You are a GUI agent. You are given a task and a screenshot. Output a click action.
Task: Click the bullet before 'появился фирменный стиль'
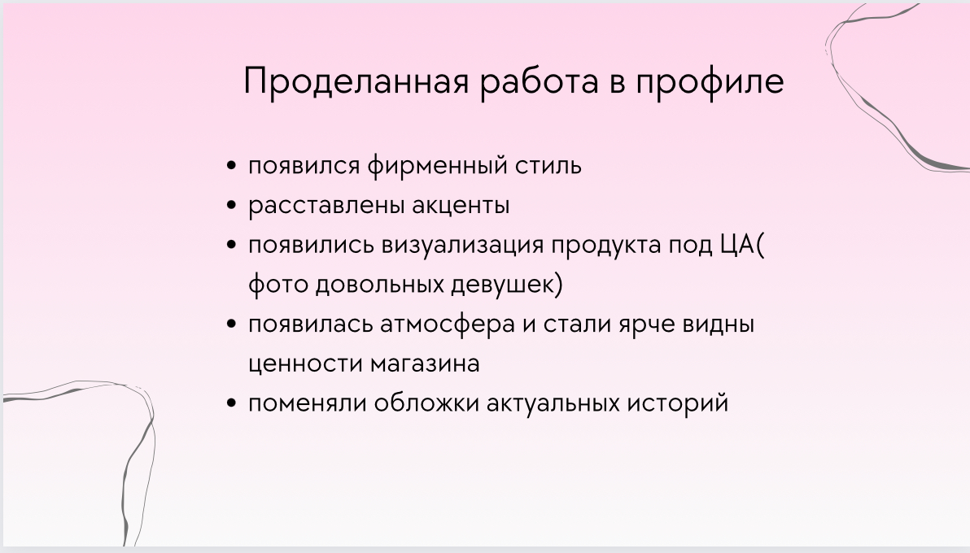[x=231, y=166]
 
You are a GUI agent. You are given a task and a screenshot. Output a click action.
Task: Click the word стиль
[x=548, y=166]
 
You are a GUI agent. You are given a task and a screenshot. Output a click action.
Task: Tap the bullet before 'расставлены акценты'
[x=231, y=206]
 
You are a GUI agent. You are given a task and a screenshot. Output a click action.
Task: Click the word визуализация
[x=462, y=246]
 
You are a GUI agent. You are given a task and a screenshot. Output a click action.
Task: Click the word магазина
[x=425, y=364]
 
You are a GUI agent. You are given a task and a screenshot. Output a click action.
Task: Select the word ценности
[x=306, y=364]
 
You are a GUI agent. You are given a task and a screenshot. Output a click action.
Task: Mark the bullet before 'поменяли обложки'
[x=231, y=403]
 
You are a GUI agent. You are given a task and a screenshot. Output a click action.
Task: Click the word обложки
[x=427, y=403]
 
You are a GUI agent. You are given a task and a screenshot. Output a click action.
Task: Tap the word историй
[x=677, y=403]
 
